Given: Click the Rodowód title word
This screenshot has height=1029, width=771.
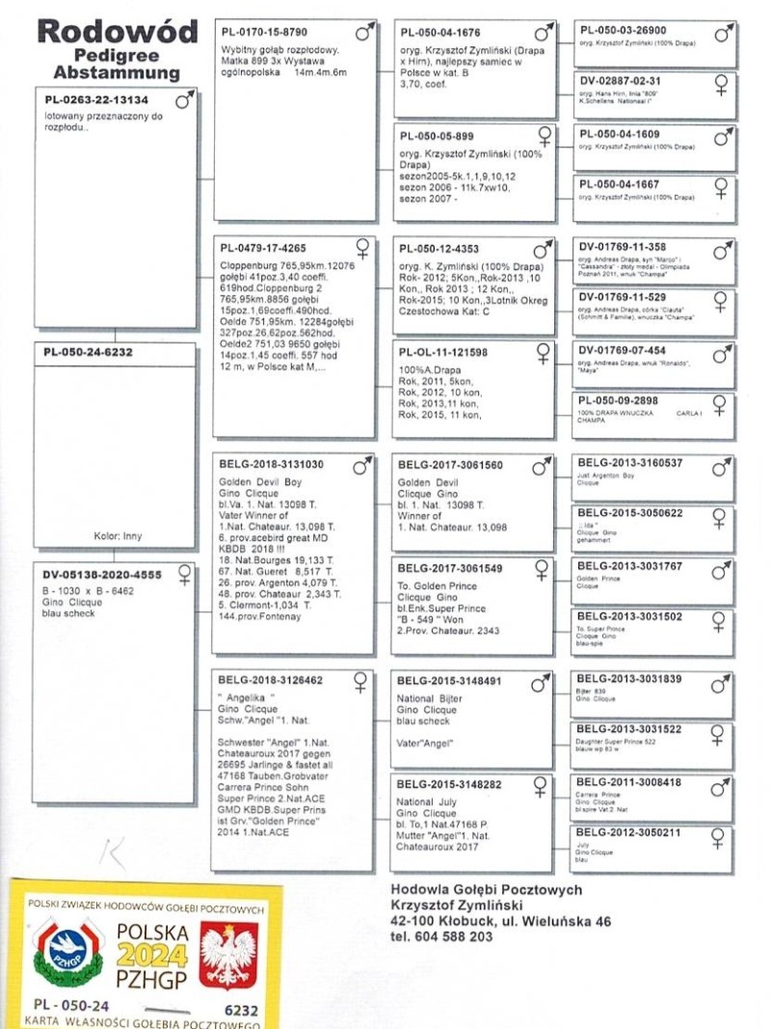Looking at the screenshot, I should (117, 32).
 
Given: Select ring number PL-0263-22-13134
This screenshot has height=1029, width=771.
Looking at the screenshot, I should (96, 100).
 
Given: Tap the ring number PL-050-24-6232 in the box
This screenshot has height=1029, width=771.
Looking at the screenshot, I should (89, 353).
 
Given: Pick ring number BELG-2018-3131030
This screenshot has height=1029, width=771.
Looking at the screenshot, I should (273, 464).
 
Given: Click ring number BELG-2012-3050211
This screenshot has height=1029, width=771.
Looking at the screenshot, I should (628, 831).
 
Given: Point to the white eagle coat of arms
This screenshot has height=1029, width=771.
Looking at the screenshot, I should (228, 954).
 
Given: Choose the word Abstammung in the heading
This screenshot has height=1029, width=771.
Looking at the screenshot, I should (117, 73).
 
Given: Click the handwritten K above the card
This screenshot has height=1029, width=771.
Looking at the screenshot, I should (113, 853).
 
